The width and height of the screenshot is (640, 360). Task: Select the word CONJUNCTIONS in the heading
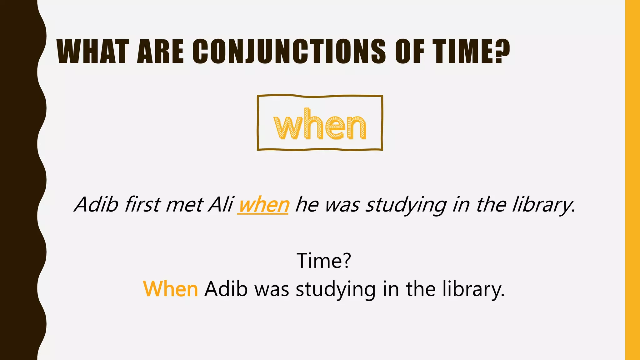coord(289,52)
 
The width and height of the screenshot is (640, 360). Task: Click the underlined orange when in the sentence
coord(263,205)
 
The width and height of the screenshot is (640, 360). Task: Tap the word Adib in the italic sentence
coord(97,205)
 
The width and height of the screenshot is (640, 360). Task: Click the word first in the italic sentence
coord(142,205)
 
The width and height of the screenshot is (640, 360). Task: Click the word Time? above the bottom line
coord(324,260)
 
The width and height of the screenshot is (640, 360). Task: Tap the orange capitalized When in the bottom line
coord(171,289)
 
